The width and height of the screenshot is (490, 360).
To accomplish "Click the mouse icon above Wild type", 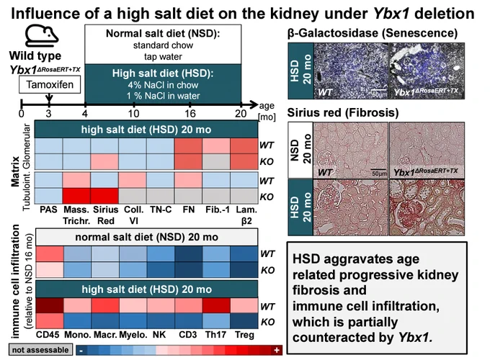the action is click(41, 35).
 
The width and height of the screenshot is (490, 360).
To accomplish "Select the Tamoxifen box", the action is click(50, 85).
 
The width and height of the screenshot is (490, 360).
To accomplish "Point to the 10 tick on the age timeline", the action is click(134, 104).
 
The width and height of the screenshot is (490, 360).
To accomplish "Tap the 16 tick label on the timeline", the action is click(190, 113).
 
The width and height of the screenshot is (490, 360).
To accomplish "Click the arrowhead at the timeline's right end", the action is click(254, 104).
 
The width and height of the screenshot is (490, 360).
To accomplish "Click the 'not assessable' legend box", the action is click(40, 350).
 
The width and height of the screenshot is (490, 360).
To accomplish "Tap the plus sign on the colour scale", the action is click(277, 350).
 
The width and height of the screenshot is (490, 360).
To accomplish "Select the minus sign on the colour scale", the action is click(81, 351).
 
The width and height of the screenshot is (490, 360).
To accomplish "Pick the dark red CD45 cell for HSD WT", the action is click(50, 305).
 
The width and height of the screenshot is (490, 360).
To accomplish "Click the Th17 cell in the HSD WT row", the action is click(216, 305).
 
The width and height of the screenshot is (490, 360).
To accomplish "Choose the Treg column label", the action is click(244, 335).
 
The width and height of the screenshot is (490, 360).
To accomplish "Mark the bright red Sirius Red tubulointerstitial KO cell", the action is click(104, 196).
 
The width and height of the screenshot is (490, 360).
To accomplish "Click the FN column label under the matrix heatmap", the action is click(189, 210).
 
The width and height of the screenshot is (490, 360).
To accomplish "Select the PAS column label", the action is click(48, 210).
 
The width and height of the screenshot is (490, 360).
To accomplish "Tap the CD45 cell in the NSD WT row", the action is click(50, 254).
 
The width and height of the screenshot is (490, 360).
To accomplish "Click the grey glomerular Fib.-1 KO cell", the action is click(216, 161).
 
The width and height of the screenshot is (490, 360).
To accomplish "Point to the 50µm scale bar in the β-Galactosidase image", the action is click(379, 90).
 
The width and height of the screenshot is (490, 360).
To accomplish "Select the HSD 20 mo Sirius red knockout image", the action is click(427, 207).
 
